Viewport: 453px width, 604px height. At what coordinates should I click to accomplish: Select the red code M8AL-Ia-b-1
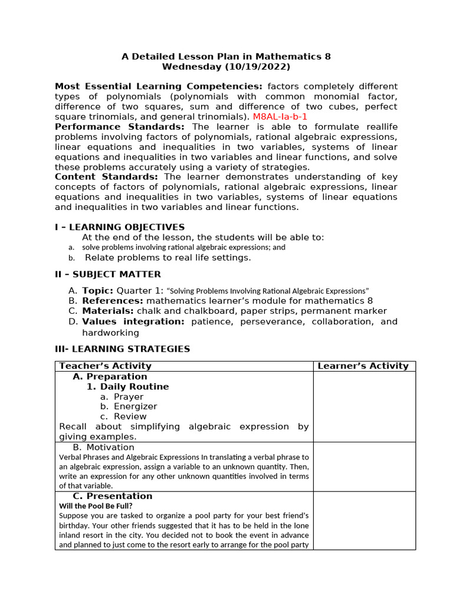280,117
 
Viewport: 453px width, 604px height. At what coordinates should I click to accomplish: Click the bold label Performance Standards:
120,127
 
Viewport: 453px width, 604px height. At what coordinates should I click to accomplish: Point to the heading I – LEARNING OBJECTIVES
120,227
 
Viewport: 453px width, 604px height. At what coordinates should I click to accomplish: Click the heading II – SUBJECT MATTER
108,274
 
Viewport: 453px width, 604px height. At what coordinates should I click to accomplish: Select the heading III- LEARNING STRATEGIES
122,349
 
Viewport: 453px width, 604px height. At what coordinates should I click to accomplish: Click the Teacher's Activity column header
106,366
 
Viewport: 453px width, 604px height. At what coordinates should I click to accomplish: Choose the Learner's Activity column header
363,366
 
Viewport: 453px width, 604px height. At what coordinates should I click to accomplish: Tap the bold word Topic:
98,291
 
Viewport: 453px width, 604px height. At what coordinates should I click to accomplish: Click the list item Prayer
129,397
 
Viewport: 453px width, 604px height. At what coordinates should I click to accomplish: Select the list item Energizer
135,406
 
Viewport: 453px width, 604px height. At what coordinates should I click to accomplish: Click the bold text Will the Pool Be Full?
96,506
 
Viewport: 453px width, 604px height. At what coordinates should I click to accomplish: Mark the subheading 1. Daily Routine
127,386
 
